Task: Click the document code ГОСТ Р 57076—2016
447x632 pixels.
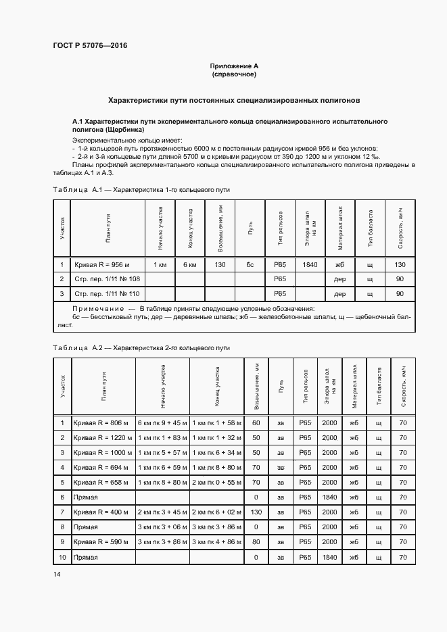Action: pyautogui.click(x=90, y=46)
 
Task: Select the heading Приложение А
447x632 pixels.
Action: pyautogui.click(x=234, y=66)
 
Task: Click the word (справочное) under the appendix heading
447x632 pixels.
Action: pyautogui.click(x=234, y=74)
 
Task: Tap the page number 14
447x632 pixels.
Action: pyautogui.click(x=56, y=574)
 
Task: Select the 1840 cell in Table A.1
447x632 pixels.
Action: pyautogui.click(x=310, y=264)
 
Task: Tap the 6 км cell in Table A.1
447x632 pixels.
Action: pyautogui.click(x=189, y=264)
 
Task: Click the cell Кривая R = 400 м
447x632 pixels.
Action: pyautogui.click(x=101, y=512)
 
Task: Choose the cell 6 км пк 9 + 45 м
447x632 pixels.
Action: pyautogui.click(x=162, y=423)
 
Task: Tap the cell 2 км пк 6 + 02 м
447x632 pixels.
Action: pyautogui.click(x=216, y=512)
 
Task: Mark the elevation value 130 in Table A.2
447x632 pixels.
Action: pyautogui.click(x=256, y=512)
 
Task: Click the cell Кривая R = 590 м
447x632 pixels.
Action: pyautogui.click(x=101, y=541)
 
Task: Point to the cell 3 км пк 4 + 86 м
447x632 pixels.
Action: pyautogui.click(x=216, y=541)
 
